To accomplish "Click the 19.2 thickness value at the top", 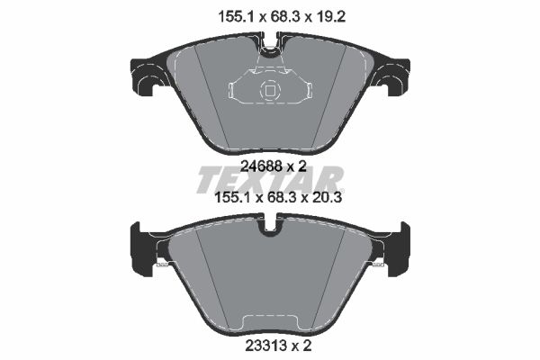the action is coord(330,16).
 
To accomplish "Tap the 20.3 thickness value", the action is coord(327,198).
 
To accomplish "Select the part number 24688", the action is coord(261,166).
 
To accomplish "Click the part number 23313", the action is coord(266,346).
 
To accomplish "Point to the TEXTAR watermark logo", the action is coord(270,180).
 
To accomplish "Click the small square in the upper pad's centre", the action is coord(270,91).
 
